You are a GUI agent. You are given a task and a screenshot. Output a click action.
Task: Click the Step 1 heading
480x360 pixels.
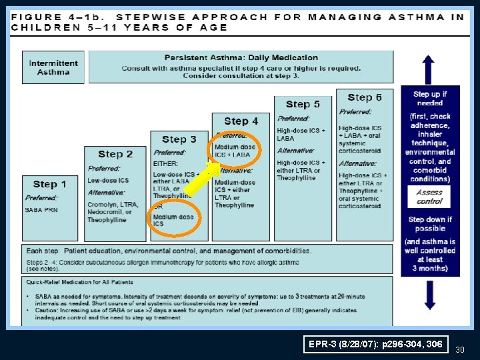[x=50, y=184]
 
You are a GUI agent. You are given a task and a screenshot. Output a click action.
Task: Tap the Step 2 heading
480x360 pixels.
[x=115, y=154]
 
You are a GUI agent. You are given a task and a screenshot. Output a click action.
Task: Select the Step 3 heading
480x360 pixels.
[x=179, y=139]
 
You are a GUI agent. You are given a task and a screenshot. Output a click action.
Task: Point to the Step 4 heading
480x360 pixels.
[x=241, y=121]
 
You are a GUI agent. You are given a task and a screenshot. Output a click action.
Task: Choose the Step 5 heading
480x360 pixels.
[x=303, y=104]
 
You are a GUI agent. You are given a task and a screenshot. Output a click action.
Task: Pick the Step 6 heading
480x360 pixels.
[x=365, y=97]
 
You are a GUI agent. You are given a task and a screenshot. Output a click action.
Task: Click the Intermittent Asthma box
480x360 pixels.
[x=53, y=67]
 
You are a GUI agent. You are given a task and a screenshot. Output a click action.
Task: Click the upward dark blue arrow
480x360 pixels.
[x=428, y=69]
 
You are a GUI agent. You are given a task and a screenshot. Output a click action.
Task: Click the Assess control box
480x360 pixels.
[x=429, y=196]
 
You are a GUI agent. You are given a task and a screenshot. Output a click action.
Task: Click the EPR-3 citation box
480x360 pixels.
[x=375, y=344]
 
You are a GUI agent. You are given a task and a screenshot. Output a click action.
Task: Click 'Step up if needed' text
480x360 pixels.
[x=430, y=99]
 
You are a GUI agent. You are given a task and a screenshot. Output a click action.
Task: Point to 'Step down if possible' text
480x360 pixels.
[x=430, y=224]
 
